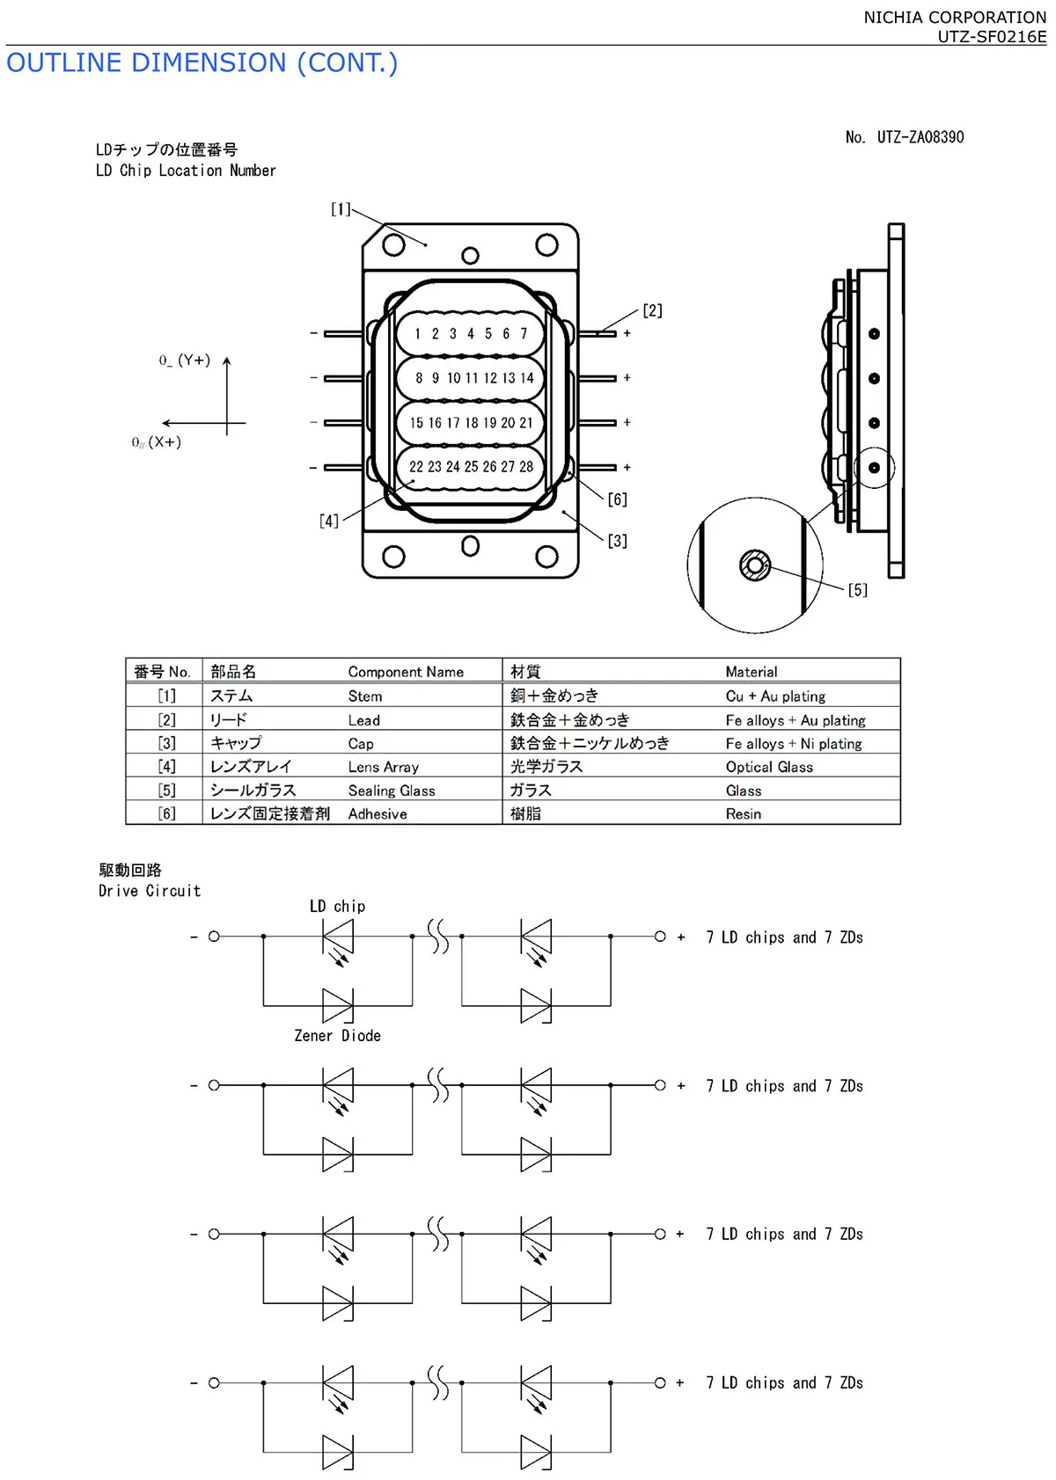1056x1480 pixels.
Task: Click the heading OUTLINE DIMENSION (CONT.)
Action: point(202,63)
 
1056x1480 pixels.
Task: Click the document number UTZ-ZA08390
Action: point(920,137)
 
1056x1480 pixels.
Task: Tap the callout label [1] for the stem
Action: point(341,209)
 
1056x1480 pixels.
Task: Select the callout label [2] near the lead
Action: point(652,310)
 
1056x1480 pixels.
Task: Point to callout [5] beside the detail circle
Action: point(857,590)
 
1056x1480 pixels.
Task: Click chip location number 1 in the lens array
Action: point(418,334)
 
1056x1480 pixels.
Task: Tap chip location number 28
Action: point(526,467)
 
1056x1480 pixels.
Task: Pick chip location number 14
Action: point(527,378)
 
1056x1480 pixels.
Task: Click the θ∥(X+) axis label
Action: point(157,442)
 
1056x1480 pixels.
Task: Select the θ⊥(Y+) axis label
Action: point(185,361)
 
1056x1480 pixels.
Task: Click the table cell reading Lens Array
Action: point(383,767)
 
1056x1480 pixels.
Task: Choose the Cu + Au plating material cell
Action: point(775,696)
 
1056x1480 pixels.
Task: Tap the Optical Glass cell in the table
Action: point(769,767)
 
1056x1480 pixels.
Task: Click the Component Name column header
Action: point(406,672)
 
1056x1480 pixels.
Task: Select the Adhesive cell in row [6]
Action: point(378,814)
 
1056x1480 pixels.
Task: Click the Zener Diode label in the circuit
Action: point(337,1036)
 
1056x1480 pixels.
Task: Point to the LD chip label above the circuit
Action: point(337,907)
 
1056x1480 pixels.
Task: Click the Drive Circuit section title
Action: point(150,891)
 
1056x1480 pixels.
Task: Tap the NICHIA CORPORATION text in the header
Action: point(955,18)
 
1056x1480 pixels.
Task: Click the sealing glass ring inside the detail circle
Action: point(755,565)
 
